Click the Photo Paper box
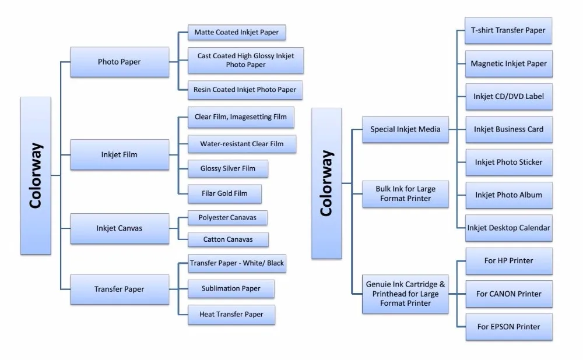click(120, 62)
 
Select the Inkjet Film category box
click(120, 155)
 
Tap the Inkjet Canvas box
click(120, 228)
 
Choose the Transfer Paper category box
click(120, 289)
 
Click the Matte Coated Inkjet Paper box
click(237, 33)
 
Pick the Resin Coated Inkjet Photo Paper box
click(245, 90)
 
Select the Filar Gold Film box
click(224, 193)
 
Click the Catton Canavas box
click(228, 239)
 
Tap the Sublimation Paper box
click(231, 288)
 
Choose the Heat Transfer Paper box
click(231, 315)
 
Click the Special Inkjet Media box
click(405, 129)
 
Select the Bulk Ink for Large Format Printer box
click(405, 194)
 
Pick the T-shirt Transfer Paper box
click(508, 30)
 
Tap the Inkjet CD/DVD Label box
click(508, 96)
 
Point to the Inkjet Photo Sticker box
click(508, 162)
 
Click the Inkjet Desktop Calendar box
click(508, 228)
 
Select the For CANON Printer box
click(508, 294)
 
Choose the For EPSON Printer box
click(508, 327)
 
